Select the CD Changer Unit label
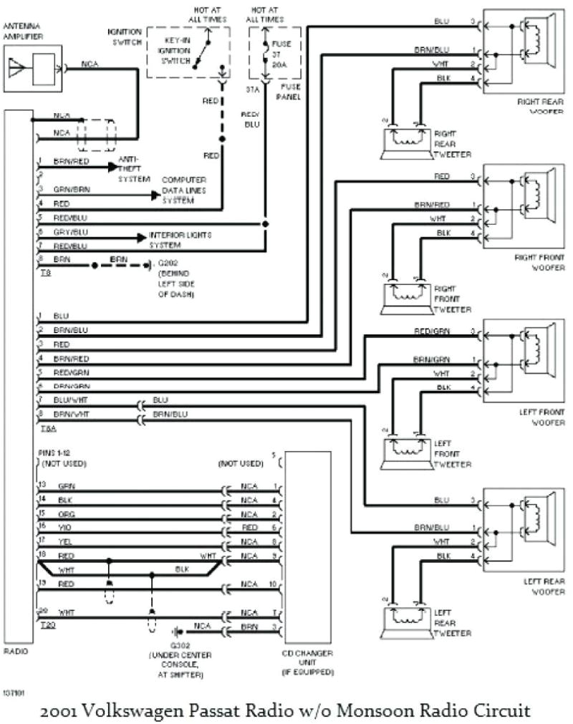coord(308,666)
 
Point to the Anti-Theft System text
coord(134,168)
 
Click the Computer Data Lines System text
coord(183,190)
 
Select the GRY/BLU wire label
coord(72,232)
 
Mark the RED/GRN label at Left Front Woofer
coord(431,331)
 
